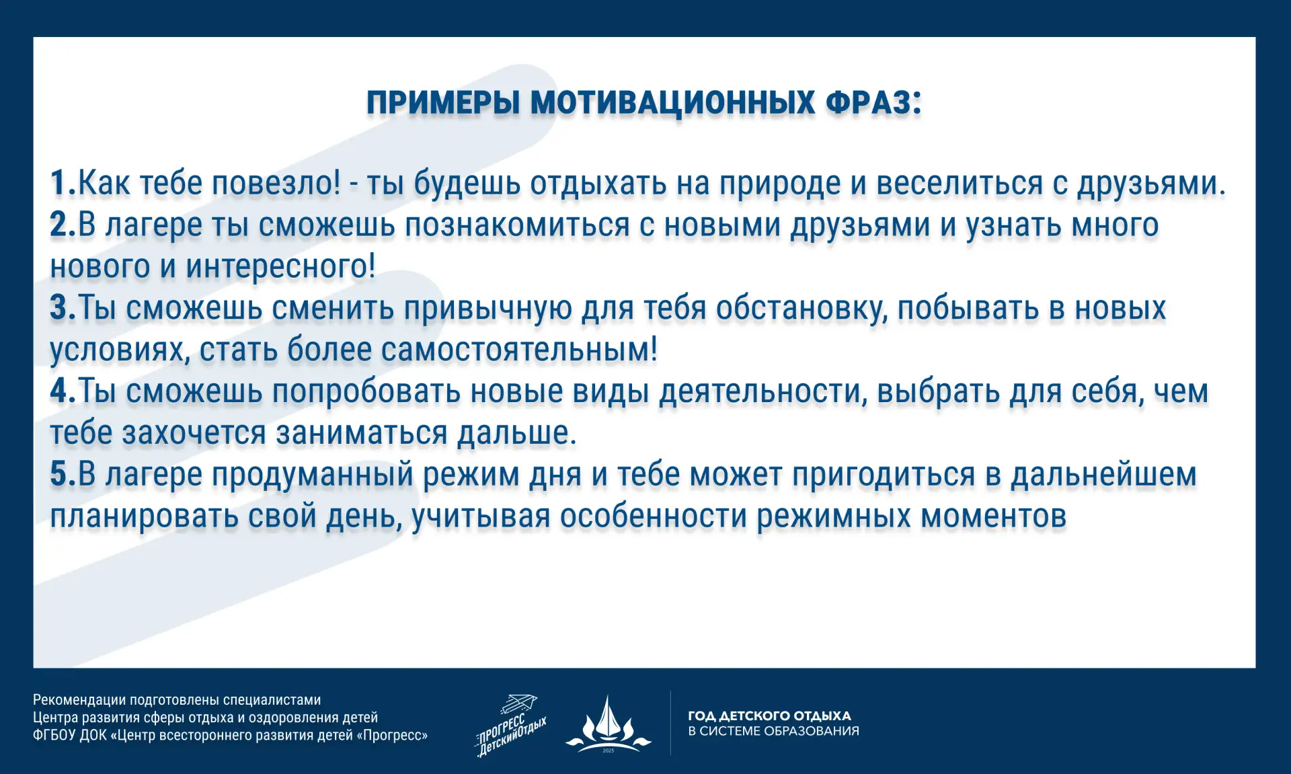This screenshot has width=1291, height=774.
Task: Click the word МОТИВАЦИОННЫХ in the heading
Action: (673, 103)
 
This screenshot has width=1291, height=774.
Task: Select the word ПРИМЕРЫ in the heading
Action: (444, 103)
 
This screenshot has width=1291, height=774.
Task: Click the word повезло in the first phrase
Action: (276, 183)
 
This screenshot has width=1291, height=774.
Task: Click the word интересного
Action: (280, 267)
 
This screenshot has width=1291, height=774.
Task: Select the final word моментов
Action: (993, 516)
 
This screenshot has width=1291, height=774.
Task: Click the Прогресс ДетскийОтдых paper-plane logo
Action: (510, 726)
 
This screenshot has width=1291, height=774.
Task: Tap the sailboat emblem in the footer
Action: (609, 724)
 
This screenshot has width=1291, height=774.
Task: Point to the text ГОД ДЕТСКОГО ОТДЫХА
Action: (769, 715)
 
